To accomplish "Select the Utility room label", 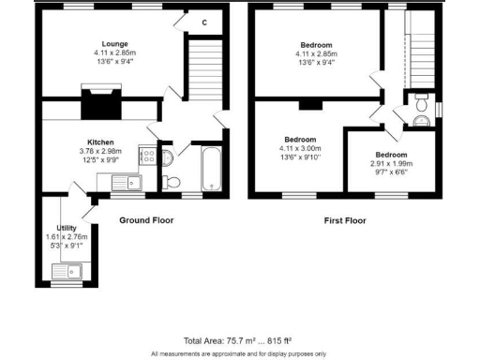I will [66, 228].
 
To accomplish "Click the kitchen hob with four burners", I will [147, 157].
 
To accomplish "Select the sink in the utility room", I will [67, 273].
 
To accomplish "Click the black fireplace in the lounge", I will [98, 101].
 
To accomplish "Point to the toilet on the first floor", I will [419, 114].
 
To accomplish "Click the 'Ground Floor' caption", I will [145, 220].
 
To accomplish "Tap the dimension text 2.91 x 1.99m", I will [392, 165].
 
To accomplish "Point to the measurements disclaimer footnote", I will [239, 353].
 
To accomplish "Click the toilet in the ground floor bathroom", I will [169, 180].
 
